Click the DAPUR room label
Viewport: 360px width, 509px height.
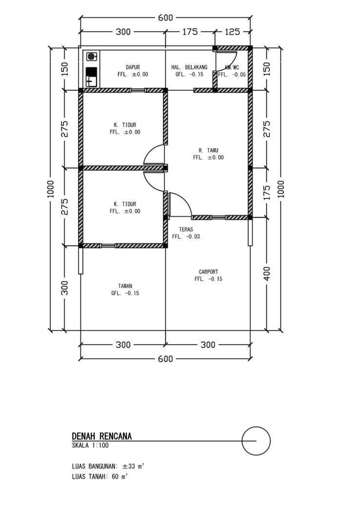pos(133,67)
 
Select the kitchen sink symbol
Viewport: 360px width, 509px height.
pos(91,77)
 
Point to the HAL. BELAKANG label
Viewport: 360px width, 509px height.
pos(189,67)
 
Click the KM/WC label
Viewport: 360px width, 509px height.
pos(232,67)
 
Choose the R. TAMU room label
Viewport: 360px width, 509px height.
pos(208,150)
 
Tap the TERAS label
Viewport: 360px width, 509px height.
pos(186,229)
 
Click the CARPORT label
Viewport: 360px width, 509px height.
pos(208,272)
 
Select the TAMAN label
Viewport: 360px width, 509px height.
pos(125,286)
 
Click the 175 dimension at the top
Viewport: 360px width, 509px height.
pos(190,32)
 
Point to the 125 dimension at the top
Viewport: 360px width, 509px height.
pos(232,32)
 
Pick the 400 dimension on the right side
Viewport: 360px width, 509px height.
pos(267,274)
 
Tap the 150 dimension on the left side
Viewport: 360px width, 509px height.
pos(65,69)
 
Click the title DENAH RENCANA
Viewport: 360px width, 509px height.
pos(102,436)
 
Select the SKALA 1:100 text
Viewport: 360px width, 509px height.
pos(90,445)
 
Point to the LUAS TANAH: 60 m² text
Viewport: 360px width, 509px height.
pos(100,476)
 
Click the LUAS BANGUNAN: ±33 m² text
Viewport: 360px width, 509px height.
pos(108,466)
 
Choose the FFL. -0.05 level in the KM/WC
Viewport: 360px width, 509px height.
pos(232,74)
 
